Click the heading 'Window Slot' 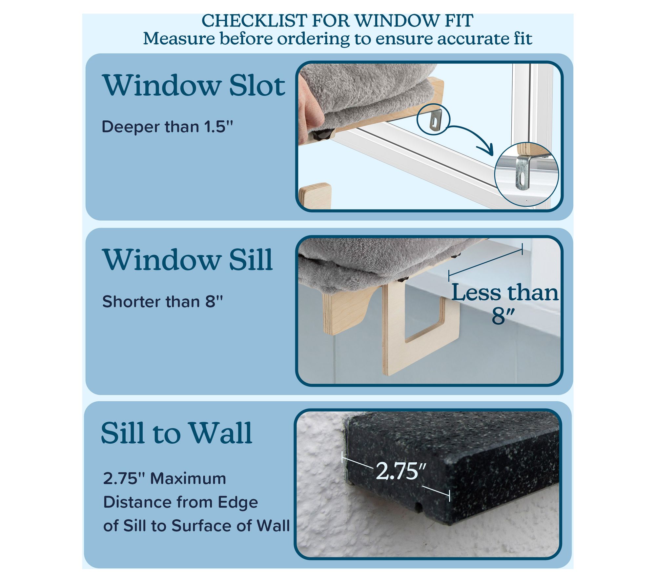coord(194,85)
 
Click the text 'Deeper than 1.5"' coord(167,127)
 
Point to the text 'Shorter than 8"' coord(162,302)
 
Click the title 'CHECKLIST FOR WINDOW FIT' coord(337,21)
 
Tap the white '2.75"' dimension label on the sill coord(401,471)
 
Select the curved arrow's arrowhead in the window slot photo coord(488,151)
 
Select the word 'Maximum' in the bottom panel coord(188,478)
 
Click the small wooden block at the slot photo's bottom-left coord(315,196)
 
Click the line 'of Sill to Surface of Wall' coord(196,526)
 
